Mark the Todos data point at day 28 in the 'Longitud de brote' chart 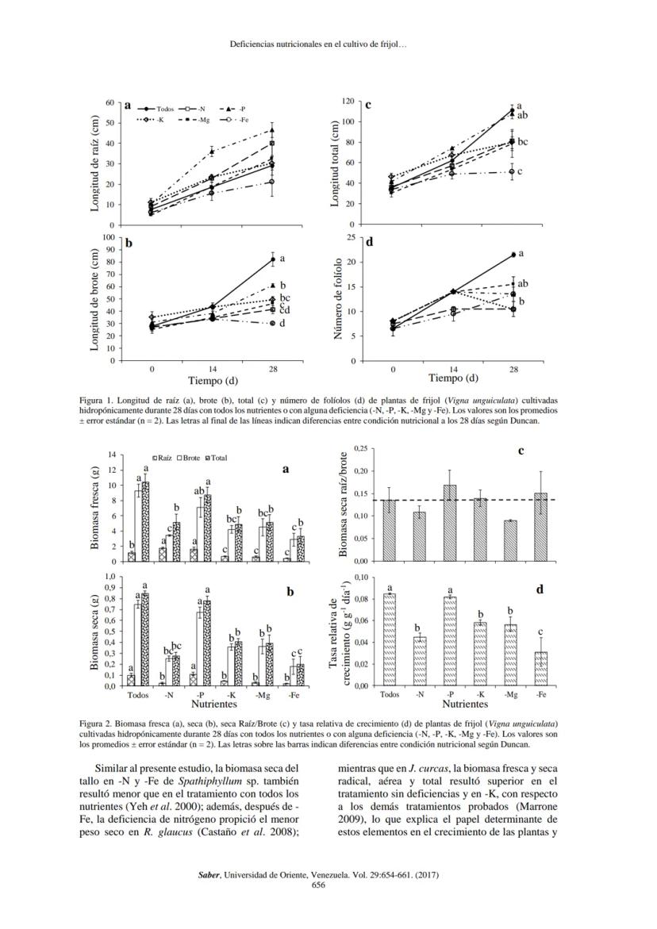[x=272, y=259]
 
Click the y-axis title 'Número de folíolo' [x=338, y=298]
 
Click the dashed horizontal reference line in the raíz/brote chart [x=492, y=499]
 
